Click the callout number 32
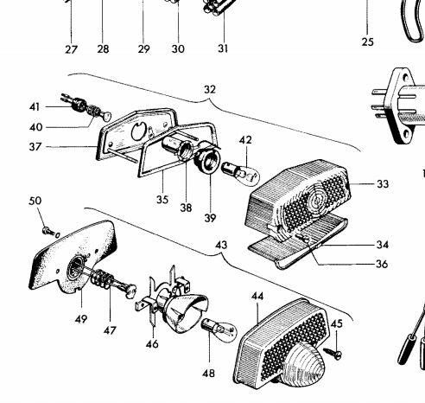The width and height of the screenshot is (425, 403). pos(210,90)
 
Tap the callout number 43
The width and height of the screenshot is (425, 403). pos(221,245)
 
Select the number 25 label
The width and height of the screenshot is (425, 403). pos(368,42)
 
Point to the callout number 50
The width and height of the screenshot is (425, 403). pos(35,201)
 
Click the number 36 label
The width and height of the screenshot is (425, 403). pos(382,264)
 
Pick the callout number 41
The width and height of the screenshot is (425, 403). pos(35,107)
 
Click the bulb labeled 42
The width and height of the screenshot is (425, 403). pos(241,174)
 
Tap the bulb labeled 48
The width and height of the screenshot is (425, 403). pos(219,329)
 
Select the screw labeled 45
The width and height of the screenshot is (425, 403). pos(333,353)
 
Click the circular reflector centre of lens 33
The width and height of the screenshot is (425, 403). pos(316,201)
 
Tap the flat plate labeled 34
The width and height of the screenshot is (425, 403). pos(298,243)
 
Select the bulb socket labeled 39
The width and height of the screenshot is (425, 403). pos(207,160)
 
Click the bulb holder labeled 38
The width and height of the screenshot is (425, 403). pos(177,149)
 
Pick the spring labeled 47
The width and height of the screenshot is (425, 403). pos(102,279)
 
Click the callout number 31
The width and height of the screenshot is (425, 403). pos(223,48)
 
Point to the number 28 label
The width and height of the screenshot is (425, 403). pos(103,49)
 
